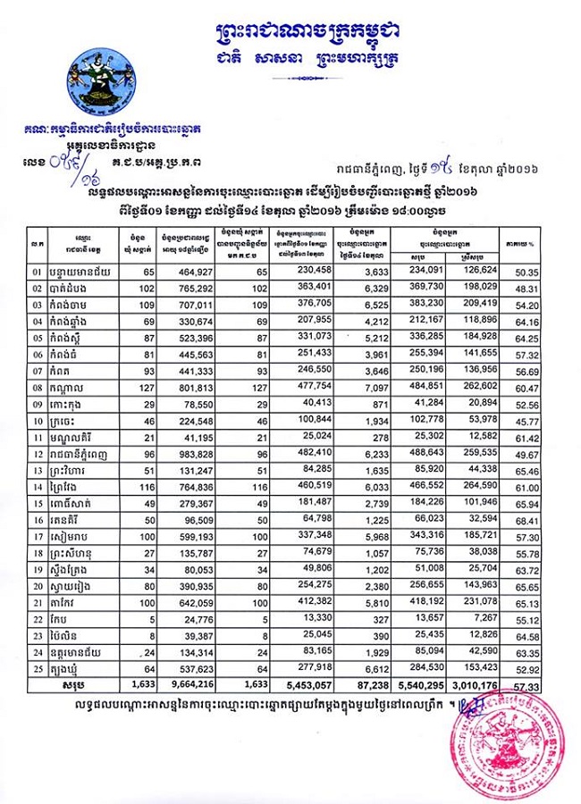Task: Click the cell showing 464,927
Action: (215, 272)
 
